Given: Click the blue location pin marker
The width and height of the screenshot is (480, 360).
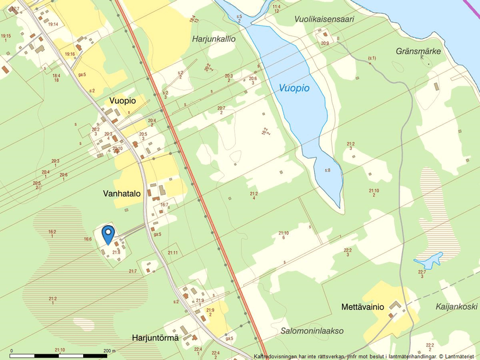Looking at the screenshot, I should click(108, 234).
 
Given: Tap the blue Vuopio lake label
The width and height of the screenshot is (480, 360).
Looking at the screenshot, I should click(294, 88).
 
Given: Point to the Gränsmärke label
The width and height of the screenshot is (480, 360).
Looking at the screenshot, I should click(418, 51).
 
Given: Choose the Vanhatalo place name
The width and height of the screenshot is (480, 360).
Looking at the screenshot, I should click(122, 194).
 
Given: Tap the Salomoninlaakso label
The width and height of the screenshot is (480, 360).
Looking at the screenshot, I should click(312, 330).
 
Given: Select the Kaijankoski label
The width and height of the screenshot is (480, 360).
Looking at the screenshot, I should click(457, 306).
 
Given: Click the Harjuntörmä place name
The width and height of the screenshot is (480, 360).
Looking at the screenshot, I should click(155, 337).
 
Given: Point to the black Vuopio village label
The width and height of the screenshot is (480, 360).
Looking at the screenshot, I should click(122, 101).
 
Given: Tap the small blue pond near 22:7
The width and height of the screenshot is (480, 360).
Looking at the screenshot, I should click(429, 259).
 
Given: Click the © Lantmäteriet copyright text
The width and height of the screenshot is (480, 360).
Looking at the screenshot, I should click(458, 357).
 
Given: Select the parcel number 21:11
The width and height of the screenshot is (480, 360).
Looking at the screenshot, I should click(173, 252).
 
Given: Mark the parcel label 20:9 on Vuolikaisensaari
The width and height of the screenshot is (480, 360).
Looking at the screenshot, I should click(325, 44).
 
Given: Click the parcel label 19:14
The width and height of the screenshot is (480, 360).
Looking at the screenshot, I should click(54, 24).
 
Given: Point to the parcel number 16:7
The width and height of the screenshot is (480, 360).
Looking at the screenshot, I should click(164, 205).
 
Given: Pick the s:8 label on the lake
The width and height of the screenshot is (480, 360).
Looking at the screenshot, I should click(328, 170).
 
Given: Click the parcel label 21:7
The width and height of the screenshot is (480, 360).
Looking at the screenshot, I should click(132, 272).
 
